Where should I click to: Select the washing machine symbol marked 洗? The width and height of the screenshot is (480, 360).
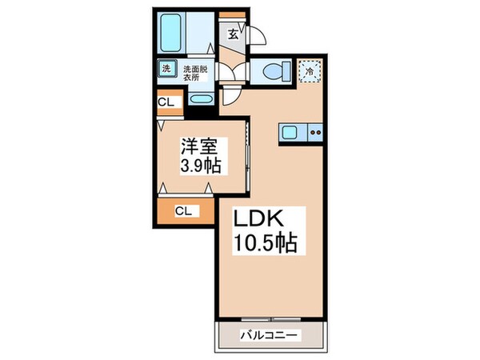tap(166, 69)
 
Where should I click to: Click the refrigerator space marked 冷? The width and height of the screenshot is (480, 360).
tap(310, 70)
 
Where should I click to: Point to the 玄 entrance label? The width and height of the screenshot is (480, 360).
tap(232, 34)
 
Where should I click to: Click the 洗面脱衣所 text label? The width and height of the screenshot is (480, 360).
tap(194, 73)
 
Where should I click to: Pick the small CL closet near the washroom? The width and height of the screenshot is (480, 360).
tap(167, 102)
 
